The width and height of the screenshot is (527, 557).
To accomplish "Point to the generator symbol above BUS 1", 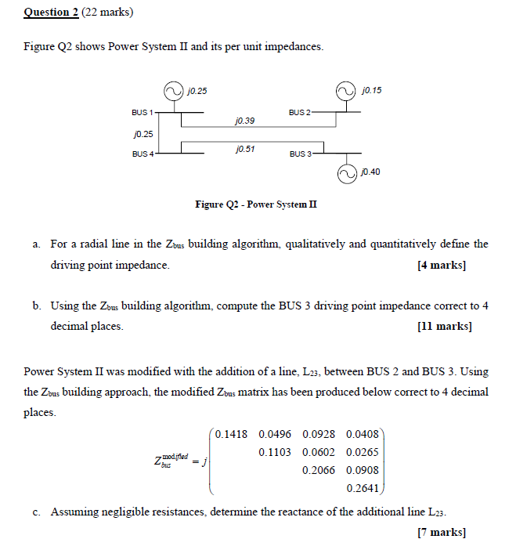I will coord(173,92).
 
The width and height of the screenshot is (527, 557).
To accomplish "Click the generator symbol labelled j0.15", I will coord(345,92).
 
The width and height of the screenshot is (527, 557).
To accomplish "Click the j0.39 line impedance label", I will coord(244,121).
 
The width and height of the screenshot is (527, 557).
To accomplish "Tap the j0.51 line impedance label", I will coord(244,148).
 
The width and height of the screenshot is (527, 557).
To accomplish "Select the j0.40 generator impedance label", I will coord(371,171).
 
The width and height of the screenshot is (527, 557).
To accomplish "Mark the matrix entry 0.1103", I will coord(274,452).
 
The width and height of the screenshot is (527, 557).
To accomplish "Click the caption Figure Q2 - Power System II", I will coord(256,204).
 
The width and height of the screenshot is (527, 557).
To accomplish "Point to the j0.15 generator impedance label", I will coord(372,91).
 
